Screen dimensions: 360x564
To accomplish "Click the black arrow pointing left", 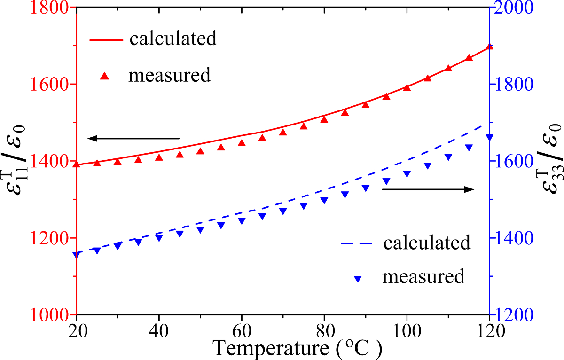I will coord(133,138).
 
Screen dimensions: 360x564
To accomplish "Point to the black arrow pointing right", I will coord(428,189).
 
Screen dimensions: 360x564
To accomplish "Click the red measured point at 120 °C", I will coord(490,47).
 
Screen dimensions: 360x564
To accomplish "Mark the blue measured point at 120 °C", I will coord(490,137).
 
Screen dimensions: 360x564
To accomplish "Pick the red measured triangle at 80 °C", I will coord(324,119).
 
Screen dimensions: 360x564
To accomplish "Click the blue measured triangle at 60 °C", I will coord(242,221).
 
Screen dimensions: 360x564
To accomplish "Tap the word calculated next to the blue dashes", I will coord(427,243).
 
